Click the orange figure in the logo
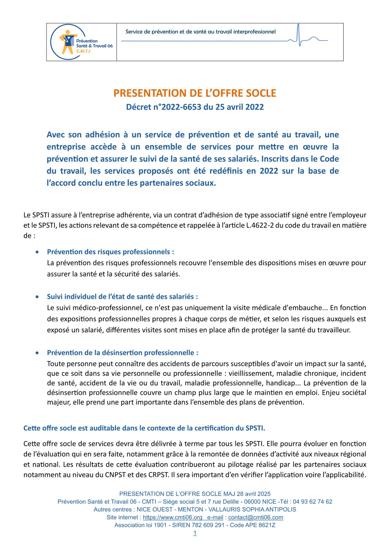[67, 41]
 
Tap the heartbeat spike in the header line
[299, 34]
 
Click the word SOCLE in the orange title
[261, 93]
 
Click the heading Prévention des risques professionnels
[110, 252]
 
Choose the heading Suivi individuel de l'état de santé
[122, 297]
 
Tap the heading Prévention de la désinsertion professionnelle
[123, 353]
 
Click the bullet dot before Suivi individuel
[37, 297]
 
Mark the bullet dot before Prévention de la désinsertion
[37, 353]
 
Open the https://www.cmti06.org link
[173, 517]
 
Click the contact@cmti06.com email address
[256, 517]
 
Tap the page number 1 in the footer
[195, 533]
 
